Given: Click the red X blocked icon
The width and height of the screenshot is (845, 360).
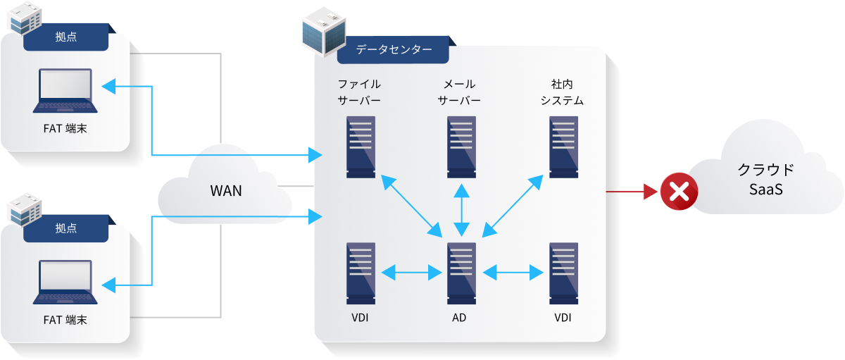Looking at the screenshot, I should (679, 192).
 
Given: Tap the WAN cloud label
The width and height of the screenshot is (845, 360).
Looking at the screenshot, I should (226, 191).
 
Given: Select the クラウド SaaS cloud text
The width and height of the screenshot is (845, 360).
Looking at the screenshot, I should (765, 180).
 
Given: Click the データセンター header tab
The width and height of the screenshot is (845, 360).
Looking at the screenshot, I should (394, 50).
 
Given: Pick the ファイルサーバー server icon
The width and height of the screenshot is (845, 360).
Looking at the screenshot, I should (361, 147).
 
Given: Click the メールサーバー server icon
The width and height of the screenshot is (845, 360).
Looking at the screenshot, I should (461, 147).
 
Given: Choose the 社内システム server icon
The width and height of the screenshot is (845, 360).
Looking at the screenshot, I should (563, 147).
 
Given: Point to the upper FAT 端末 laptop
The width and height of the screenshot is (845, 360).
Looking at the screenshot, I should (65, 91).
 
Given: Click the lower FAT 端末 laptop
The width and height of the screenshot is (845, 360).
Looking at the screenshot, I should (65, 283).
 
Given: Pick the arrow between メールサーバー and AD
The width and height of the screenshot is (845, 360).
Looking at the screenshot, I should (461, 210).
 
